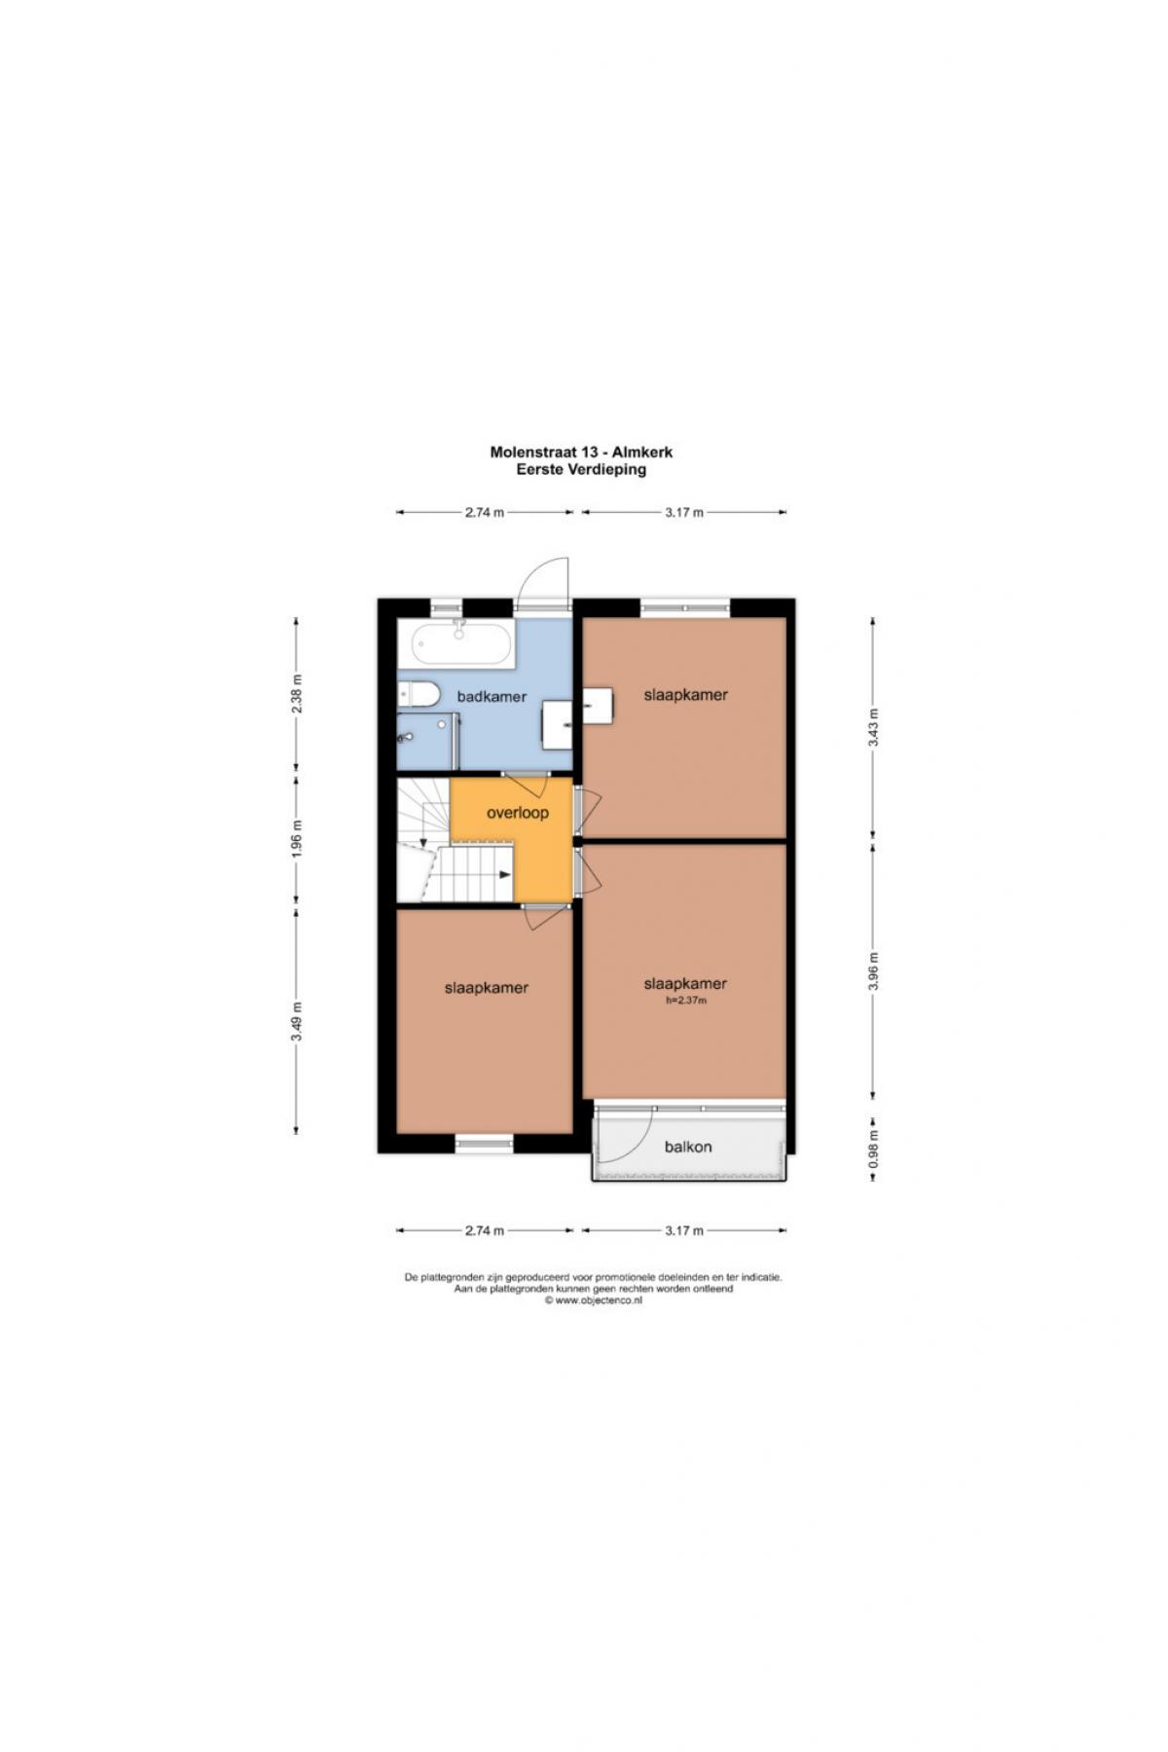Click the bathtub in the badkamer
point(461,645)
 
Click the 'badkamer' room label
point(492,697)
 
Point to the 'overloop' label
point(518,813)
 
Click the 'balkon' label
point(688,1147)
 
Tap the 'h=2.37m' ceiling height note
point(686,1000)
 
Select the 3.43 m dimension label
point(874,727)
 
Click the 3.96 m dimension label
point(874,970)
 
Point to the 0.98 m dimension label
point(874,1149)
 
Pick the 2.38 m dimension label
point(297,694)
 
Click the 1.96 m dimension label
point(297,839)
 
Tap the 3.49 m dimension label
point(297,1021)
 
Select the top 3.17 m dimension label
point(684,512)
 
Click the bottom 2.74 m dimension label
point(485,1230)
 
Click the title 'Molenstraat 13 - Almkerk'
point(581,452)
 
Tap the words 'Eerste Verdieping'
point(581,468)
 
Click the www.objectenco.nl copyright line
point(593,1299)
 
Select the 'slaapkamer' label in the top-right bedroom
point(686,695)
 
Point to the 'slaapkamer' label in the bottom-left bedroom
point(487,988)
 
